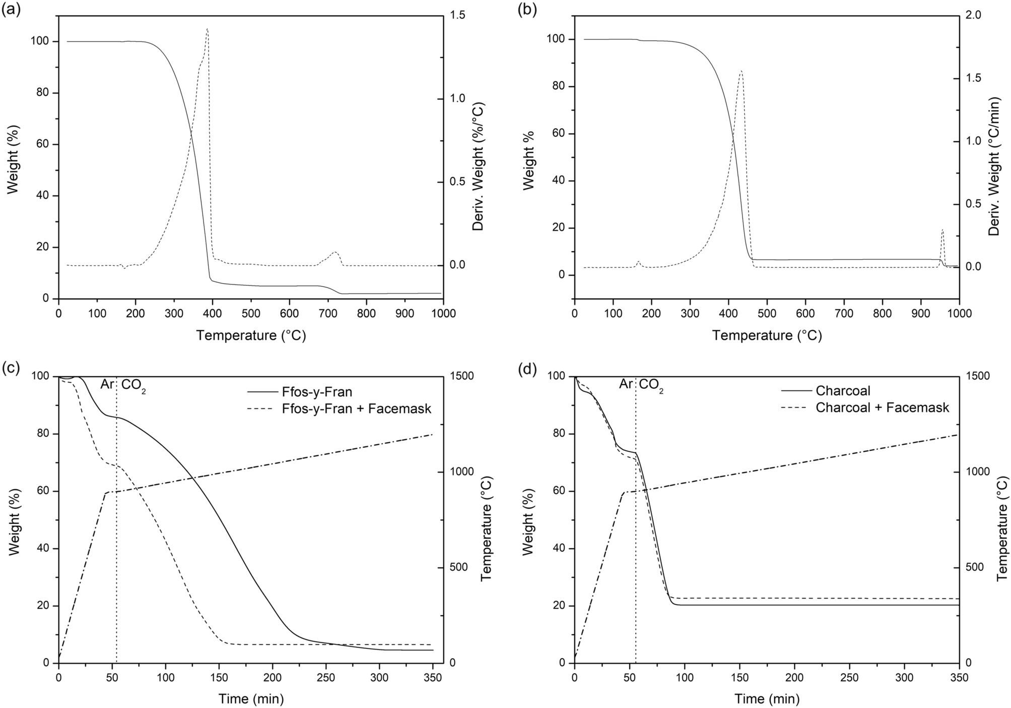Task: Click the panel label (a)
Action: (x=11, y=10)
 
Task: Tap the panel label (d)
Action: (x=527, y=370)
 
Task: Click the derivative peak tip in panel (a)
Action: (x=207, y=29)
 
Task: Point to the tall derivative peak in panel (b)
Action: (x=740, y=71)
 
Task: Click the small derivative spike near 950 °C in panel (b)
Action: (x=942, y=230)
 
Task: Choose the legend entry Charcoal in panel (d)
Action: (x=843, y=391)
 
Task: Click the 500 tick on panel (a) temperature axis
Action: (x=251, y=313)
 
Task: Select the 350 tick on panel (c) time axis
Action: (x=433, y=678)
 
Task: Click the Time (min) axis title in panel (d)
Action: (x=767, y=699)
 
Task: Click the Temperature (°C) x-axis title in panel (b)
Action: (x=767, y=335)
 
